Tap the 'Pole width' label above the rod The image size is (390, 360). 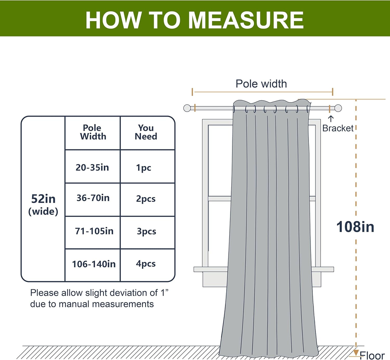(x=261, y=83)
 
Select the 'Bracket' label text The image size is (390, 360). (x=338, y=128)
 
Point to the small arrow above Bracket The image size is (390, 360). (x=331, y=118)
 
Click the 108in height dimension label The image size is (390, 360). (x=355, y=227)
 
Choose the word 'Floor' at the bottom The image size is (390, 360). (x=372, y=355)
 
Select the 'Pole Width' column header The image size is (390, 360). (x=93, y=132)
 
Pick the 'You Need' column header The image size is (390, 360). (x=146, y=132)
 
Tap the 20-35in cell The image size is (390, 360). (x=92, y=168)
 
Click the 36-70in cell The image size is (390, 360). (x=93, y=198)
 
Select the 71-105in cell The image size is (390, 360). (x=94, y=231)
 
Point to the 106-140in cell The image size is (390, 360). (x=94, y=264)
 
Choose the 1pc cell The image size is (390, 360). (x=144, y=168)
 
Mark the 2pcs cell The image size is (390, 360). (x=145, y=199)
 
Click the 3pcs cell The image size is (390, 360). (x=146, y=231)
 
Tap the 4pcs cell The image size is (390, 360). (x=145, y=264)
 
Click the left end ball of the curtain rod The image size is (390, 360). (x=187, y=108)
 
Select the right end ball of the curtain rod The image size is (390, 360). (x=338, y=108)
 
